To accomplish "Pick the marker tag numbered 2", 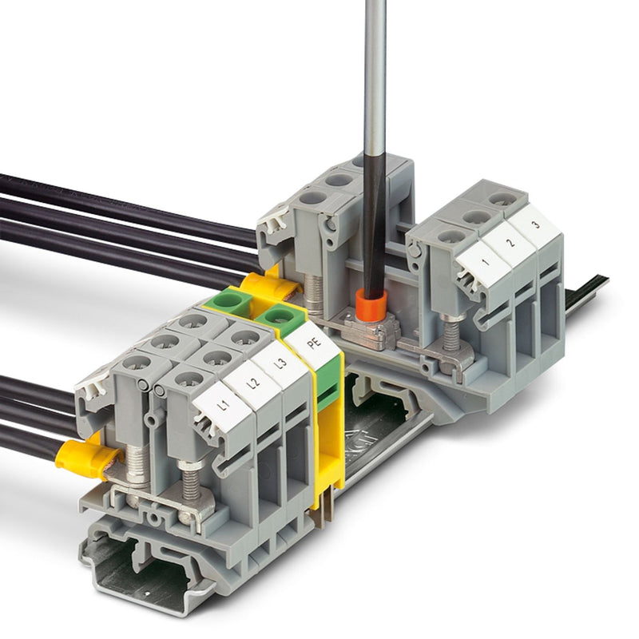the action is coord(510,244).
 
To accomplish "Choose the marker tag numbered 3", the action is coord(535,225).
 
